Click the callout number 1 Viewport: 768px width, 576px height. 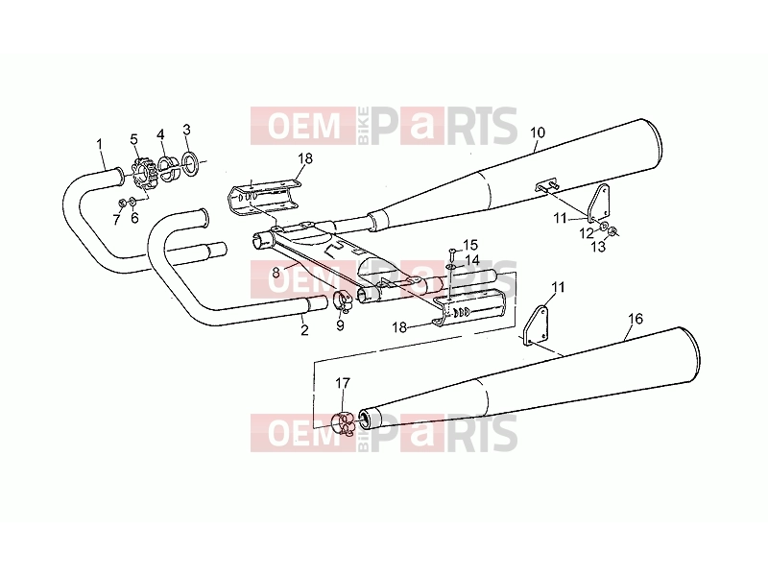[x=100, y=145]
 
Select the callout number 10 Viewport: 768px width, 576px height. [x=538, y=132]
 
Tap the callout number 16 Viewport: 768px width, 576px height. [x=636, y=319]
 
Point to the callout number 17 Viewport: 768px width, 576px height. [x=343, y=382]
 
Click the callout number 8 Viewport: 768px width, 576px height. [x=276, y=273]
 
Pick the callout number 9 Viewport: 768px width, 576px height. [x=341, y=325]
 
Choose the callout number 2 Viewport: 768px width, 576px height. [x=304, y=330]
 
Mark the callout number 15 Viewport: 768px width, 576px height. [x=470, y=245]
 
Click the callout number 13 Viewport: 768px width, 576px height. [x=598, y=247]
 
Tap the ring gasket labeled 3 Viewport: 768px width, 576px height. [x=190, y=163]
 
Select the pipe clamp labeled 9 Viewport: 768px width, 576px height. [x=342, y=301]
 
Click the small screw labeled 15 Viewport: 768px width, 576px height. [x=452, y=253]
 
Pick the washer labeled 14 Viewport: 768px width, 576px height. [x=449, y=267]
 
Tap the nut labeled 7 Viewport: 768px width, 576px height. [x=121, y=202]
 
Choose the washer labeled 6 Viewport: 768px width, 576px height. [x=132, y=201]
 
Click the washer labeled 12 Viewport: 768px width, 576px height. [x=604, y=226]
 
